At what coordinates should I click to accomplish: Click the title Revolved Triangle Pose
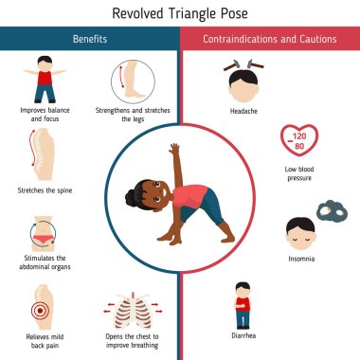(180, 13)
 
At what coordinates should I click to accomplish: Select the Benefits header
(89, 40)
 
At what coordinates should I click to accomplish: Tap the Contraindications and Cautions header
(269, 40)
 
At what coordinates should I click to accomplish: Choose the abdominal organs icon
(44, 228)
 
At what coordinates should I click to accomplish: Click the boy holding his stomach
(241, 304)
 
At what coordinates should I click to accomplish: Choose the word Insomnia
(300, 258)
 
